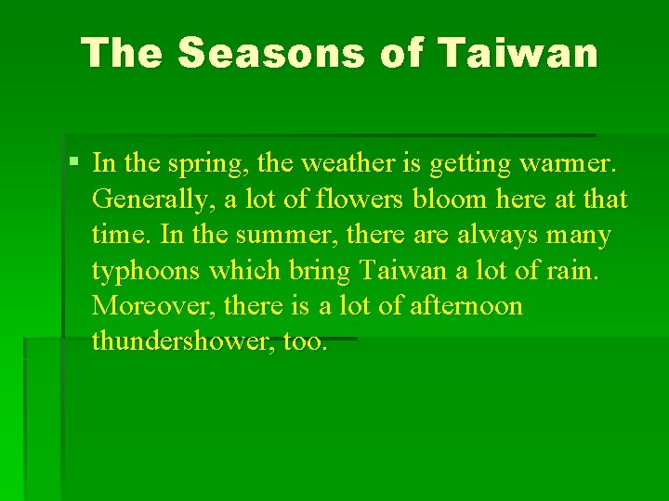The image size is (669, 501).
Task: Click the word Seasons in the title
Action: click(x=270, y=53)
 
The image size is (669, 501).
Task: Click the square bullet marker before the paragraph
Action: click(x=74, y=163)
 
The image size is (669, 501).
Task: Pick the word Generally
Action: click(x=153, y=200)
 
